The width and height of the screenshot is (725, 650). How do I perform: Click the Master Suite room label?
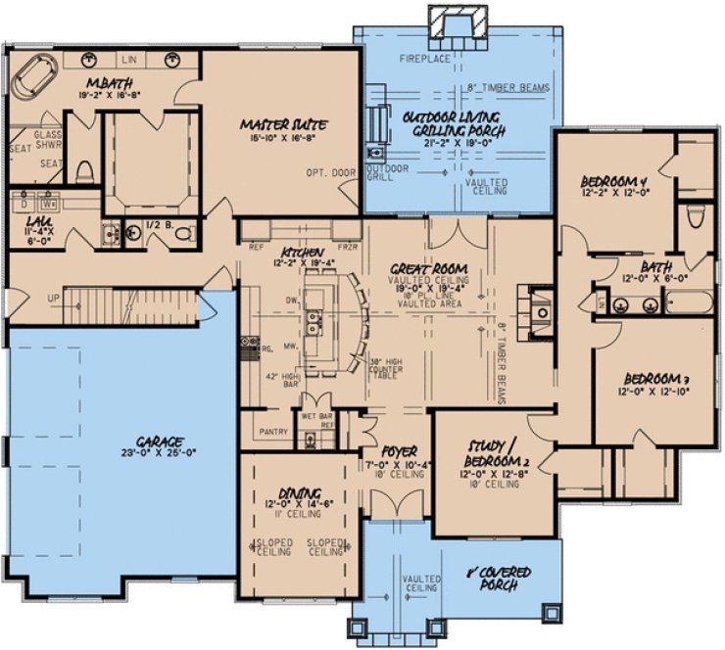[283, 124]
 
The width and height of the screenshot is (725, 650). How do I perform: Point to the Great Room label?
[426, 267]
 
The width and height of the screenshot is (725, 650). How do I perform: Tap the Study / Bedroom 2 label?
[490, 458]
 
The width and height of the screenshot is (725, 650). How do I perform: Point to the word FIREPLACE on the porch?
[425, 60]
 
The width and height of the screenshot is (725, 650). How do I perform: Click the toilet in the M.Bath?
[85, 171]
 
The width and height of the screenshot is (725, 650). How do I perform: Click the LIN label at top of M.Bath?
[130, 59]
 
